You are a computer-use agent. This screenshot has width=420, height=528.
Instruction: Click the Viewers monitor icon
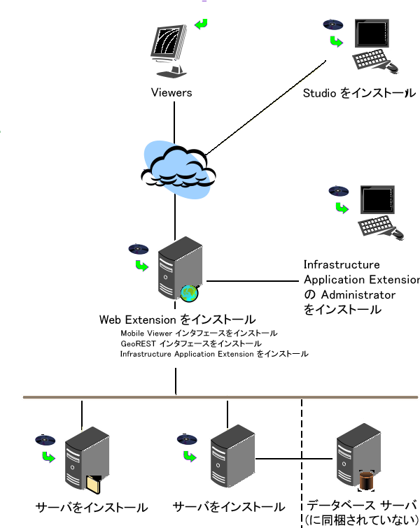pos(170,49)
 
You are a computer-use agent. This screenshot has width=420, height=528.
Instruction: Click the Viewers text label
pos(171,92)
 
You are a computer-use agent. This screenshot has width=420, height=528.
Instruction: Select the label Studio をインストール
pos(358,93)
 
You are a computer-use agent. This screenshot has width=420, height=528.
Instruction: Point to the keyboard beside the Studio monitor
pos(372,61)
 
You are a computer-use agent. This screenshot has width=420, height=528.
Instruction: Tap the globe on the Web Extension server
pos(189,293)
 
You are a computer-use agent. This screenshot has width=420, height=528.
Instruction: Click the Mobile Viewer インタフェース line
pos(199,333)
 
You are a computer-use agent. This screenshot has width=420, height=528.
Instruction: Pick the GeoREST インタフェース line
pos(190,343)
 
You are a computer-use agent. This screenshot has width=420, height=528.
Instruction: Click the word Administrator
pos(358,294)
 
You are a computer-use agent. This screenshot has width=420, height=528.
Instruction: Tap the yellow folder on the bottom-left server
pos(94,484)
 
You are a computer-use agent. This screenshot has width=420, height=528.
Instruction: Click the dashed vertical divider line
pos(302,448)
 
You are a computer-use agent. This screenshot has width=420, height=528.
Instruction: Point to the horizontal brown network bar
pos(210,397)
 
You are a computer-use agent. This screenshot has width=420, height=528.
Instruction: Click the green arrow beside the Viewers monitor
pos(202,24)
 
